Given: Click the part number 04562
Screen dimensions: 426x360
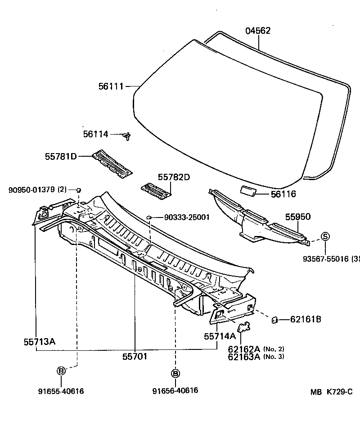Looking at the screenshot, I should point(258,31).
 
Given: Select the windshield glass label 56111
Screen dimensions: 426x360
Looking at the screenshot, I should point(111,86).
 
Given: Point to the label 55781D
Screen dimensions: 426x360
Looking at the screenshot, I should point(61,156).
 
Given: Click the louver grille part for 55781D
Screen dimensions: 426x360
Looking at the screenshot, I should point(112,164).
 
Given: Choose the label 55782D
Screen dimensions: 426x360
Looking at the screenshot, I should point(174,177).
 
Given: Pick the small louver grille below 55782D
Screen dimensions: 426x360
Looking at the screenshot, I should point(156,190).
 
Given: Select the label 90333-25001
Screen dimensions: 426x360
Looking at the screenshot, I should point(187,218).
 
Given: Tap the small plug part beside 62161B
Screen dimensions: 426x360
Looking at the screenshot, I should point(273,320).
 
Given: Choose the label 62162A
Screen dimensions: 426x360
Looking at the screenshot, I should point(244,349).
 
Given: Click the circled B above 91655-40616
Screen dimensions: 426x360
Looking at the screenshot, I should point(61,371).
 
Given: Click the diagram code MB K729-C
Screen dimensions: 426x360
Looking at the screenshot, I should point(331,392).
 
